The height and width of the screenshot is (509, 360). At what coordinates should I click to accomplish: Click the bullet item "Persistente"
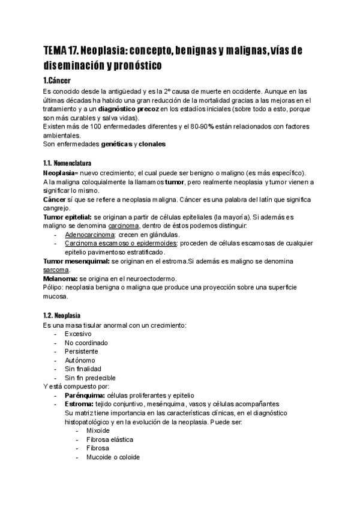pyautogui.click(x=82, y=351)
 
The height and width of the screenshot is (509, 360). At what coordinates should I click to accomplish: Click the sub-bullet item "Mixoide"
pyautogui.click(x=99, y=430)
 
